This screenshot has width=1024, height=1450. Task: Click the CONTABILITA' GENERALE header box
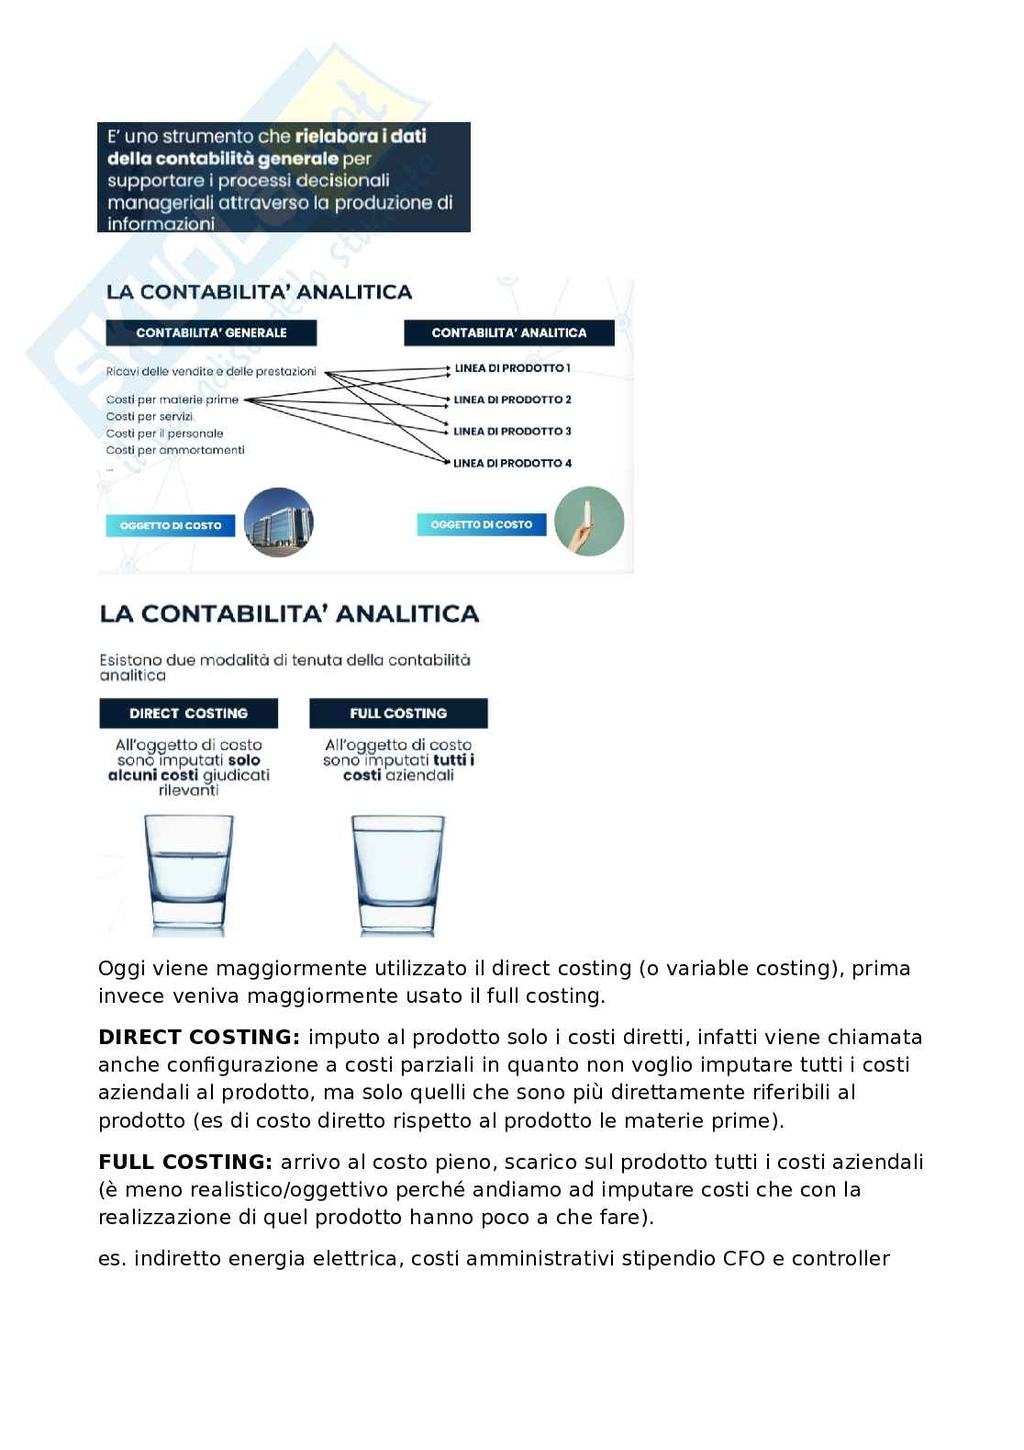coord(211,332)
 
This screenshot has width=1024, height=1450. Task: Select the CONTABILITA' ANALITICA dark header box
coord(508,332)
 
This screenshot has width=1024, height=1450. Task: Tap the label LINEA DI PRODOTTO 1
coord(512,368)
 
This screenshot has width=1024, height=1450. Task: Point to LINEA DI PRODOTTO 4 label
coord(512,463)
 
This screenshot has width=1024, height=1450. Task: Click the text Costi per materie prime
coord(172,399)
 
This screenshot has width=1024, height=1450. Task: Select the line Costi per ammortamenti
coord(174,450)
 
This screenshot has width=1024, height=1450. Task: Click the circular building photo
coord(279,523)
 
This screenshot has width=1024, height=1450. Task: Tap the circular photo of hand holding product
coord(589,521)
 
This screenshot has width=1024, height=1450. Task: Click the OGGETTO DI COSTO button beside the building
coord(171,525)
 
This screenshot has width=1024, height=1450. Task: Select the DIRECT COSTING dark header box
coord(188,714)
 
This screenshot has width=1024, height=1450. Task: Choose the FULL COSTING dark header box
coord(398,714)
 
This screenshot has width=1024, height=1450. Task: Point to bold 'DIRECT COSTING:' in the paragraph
coord(199,1038)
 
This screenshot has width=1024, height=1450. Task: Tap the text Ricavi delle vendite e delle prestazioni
coord(211,371)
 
